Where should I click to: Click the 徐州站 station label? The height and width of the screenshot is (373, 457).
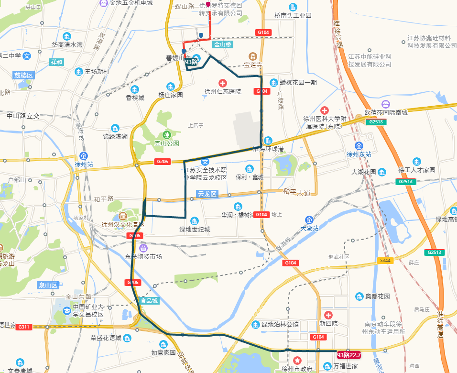click(x=84, y=164)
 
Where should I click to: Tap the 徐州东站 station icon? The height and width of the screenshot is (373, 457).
click(x=359, y=145)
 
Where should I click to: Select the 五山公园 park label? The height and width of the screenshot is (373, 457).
click(x=166, y=143)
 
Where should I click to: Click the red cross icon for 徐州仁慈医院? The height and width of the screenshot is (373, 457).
click(x=222, y=83)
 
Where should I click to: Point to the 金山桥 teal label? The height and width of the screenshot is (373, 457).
click(x=222, y=44)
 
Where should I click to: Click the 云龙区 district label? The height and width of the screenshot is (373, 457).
click(x=207, y=194)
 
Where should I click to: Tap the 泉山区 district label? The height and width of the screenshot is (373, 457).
click(x=48, y=285)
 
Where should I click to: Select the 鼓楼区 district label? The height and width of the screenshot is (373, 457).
click(x=23, y=75)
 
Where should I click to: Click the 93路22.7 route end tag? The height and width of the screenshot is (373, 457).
click(x=348, y=355)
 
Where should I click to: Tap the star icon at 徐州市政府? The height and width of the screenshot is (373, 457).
click(x=297, y=360)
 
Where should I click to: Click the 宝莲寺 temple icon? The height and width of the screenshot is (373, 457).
click(x=253, y=55)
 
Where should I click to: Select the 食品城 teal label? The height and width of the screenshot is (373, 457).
click(x=148, y=301)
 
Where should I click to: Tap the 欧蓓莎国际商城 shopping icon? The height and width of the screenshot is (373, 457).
click(x=386, y=104)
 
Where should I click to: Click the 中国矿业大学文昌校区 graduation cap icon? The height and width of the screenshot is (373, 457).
click(x=66, y=311)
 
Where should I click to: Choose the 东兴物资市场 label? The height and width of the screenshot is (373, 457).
click(x=143, y=256)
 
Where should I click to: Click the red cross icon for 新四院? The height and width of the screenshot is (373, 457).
click(x=328, y=315)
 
